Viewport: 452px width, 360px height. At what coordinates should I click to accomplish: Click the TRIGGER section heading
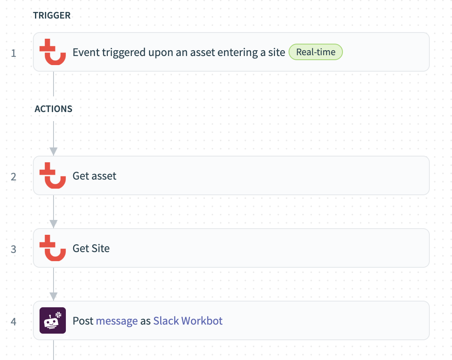tap(52, 16)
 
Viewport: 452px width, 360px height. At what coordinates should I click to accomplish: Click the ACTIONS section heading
tap(54, 109)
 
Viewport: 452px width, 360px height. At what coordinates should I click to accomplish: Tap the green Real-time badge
tap(315, 52)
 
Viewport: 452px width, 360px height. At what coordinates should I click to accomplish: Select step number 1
tap(14, 53)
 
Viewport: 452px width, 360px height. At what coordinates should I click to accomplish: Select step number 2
tap(14, 176)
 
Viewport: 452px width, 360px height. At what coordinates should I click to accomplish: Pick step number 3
tap(14, 249)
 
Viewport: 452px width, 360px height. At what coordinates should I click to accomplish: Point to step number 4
tap(14, 321)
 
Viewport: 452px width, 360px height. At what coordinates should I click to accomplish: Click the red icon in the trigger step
tap(53, 52)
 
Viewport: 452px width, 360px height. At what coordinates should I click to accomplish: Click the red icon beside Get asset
tap(53, 176)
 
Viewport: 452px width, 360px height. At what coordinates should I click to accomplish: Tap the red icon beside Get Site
tap(53, 248)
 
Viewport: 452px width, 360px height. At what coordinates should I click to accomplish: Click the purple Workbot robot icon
tap(53, 321)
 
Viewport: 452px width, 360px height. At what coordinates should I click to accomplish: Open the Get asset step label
tap(94, 176)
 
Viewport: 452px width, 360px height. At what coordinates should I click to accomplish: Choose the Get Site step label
tap(91, 248)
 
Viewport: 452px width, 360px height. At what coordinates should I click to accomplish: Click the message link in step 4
tap(116, 321)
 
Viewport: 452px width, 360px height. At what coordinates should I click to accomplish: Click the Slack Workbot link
tap(188, 321)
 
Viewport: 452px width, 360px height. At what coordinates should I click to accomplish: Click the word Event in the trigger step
tap(86, 52)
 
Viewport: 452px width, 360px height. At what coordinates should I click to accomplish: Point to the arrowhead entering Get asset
tap(53, 151)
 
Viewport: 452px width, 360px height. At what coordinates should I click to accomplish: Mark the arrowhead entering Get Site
tap(53, 224)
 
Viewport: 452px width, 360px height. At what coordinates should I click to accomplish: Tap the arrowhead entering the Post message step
tap(53, 296)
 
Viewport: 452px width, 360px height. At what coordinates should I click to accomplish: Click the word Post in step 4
tap(83, 321)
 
